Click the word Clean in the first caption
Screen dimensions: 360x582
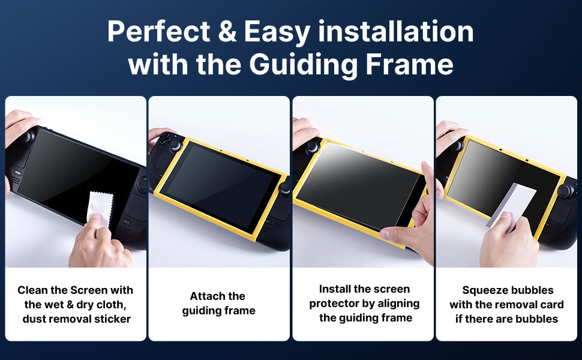click(33, 290)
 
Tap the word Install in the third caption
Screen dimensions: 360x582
click(335, 289)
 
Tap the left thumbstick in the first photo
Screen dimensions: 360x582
click(28, 137)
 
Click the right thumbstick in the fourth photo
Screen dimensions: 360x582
click(566, 191)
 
